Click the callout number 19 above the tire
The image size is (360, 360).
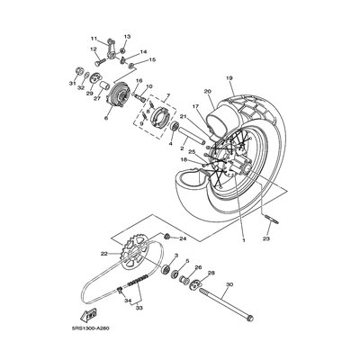(x=229, y=78)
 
